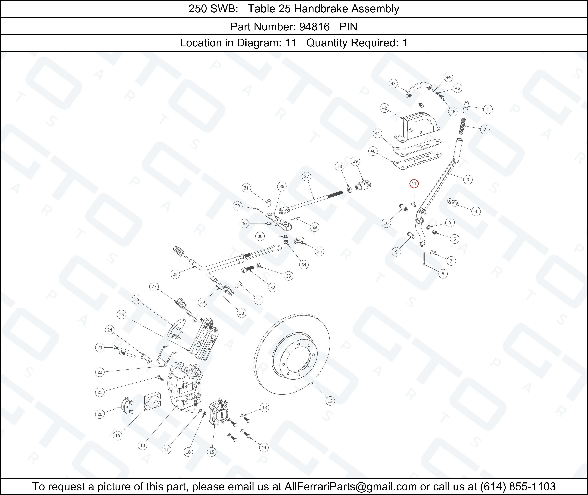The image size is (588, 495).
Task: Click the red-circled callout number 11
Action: tap(414, 184)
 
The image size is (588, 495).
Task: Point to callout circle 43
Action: tap(393, 84)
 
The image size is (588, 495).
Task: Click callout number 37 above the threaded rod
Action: tap(306, 177)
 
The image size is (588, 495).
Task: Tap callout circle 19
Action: tap(117, 436)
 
